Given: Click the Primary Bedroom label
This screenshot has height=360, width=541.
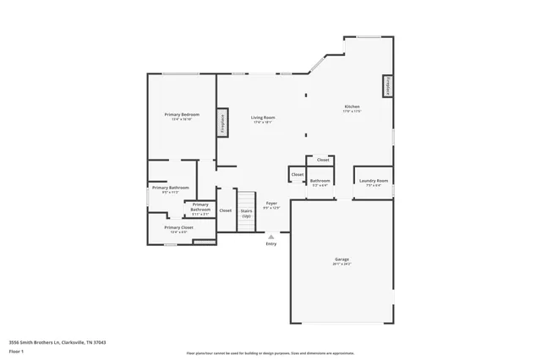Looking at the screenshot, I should click(x=182, y=113).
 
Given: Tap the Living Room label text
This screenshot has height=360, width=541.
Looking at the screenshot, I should click(x=262, y=117).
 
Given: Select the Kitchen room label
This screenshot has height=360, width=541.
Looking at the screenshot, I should click(x=352, y=106).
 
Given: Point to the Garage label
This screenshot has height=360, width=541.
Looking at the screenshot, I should click(x=342, y=259).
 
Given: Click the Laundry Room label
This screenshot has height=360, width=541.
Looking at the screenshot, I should click(x=373, y=180).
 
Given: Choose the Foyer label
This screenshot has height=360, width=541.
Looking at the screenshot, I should click(x=271, y=203).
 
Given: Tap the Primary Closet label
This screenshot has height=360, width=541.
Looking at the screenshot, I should click(x=178, y=226).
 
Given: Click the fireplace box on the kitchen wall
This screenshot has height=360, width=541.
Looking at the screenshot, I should click(x=388, y=86).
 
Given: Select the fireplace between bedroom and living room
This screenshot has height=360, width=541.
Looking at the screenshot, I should click(x=223, y=122).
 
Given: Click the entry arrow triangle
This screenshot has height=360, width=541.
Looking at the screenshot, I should click(x=271, y=237).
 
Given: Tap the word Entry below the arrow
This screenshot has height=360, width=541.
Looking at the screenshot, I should click(x=271, y=244).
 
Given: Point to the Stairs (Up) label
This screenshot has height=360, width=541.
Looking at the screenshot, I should click(x=247, y=213).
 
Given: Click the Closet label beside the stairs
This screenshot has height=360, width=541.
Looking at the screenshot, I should click(x=226, y=210).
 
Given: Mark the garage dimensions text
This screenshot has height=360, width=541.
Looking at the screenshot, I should click(x=342, y=265).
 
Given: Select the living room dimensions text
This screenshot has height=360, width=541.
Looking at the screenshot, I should click(x=262, y=123).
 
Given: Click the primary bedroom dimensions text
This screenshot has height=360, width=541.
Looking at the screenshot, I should click(x=182, y=118).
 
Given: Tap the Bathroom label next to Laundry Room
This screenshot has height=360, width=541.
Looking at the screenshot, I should click(x=320, y=180).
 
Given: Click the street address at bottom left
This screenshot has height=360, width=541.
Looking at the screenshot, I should click(x=57, y=342).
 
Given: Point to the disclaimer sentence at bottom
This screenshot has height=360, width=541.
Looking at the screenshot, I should click(x=282, y=352).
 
